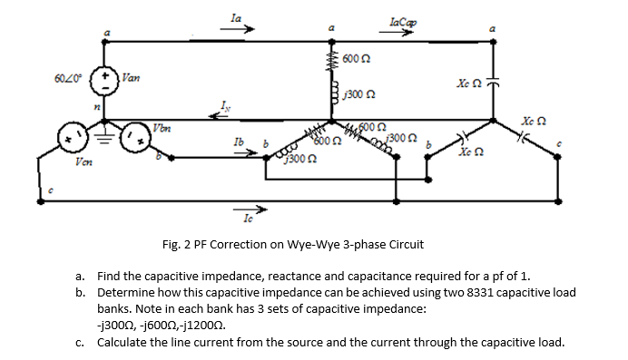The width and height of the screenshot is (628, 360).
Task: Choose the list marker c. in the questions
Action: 81,342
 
